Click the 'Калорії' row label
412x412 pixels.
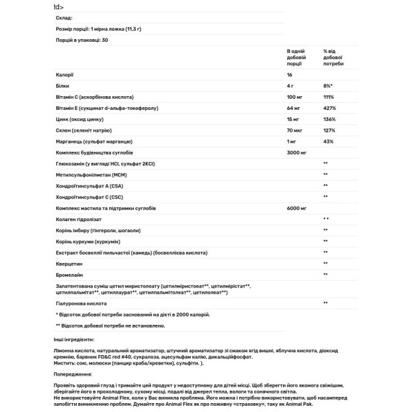pos(64,74)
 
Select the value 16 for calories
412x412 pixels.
pos(289,74)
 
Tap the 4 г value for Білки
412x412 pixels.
pos(290,85)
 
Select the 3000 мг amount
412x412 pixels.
pos(296,152)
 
